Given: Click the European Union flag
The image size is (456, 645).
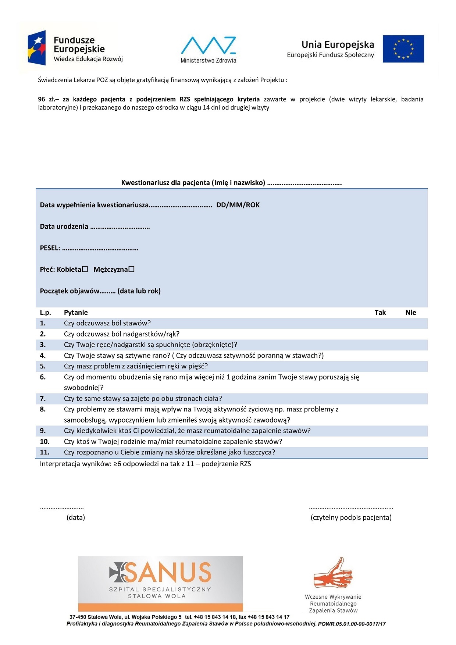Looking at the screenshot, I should point(403,49).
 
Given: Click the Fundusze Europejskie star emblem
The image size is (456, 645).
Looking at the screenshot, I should point(37,48).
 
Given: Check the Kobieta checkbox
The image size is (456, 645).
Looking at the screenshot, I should point(85,269).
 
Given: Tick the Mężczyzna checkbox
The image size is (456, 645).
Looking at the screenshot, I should point(132,269).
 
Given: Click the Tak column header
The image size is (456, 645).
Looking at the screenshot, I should point(380,313).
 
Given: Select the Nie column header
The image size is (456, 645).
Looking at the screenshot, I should point(410,313).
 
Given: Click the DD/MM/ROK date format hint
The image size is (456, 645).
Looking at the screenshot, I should point(238,205).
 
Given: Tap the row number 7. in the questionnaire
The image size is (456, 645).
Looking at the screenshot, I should point(43,399).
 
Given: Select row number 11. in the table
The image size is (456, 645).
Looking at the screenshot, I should point(44,452).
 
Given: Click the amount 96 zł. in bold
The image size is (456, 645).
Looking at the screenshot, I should point(47,99).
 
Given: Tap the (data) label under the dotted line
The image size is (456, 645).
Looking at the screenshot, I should point(76,517).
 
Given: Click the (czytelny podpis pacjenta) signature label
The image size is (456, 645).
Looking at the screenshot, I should point(351,517).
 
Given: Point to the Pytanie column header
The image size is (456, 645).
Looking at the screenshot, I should point(76,313).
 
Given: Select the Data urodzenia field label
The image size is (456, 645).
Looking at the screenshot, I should point(64,227).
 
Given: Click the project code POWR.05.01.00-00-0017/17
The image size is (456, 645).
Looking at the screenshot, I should point(352,624).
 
